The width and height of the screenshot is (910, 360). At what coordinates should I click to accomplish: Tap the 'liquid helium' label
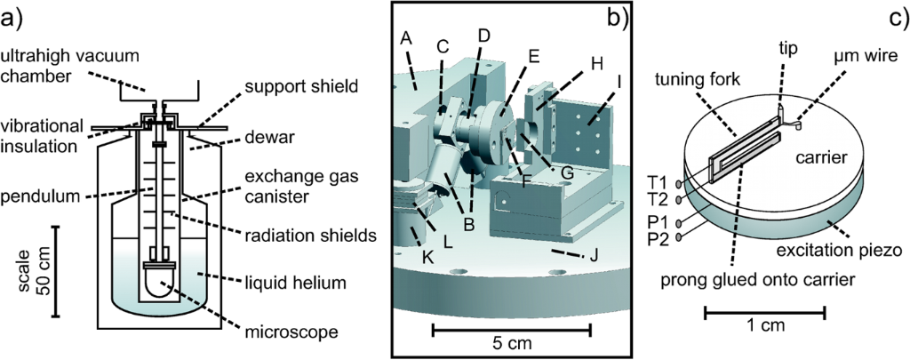(x=301, y=284)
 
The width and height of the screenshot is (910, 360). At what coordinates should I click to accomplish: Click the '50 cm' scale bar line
(x=56, y=271)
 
